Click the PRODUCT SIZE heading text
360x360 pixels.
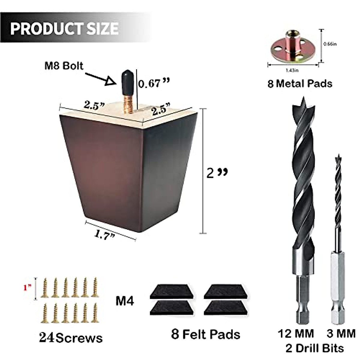point(64,28)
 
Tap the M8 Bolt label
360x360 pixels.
point(64,66)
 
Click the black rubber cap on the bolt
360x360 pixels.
point(126,79)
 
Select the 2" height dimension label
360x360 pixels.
point(217,173)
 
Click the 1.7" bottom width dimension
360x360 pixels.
point(105,235)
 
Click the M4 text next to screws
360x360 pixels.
point(125,301)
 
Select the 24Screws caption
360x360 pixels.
point(71,338)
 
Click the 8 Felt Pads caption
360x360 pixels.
point(206,334)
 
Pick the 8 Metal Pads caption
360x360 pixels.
point(300,83)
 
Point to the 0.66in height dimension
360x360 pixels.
point(330,44)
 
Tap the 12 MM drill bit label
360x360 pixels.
point(296,334)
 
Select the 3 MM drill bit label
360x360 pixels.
point(341,334)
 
